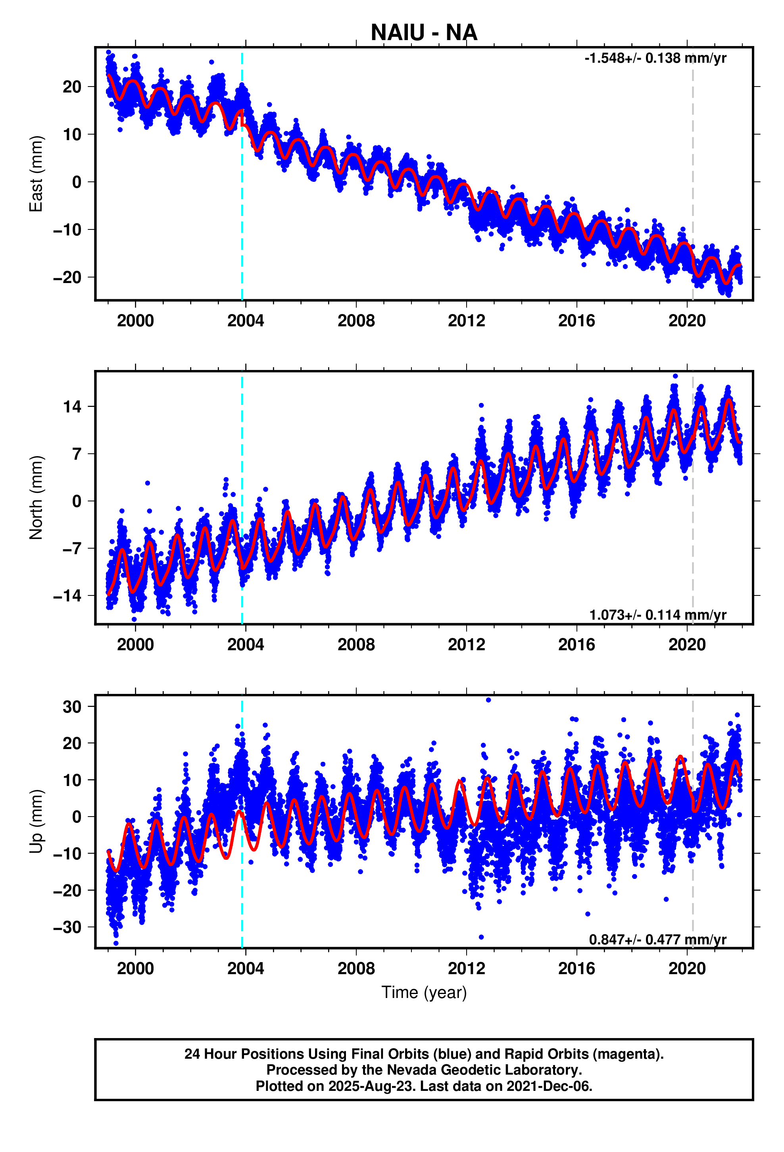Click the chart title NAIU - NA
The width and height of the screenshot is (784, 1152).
pyautogui.click(x=424, y=33)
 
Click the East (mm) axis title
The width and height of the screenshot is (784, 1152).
pyautogui.click(x=36, y=174)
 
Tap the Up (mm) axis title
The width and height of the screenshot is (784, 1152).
pyautogui.click(x=36, y=821)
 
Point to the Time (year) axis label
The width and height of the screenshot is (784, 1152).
pyautogui.click(x=424, y=992)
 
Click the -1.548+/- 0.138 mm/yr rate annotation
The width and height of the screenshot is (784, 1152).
pyautogui.click(x=655, y=58)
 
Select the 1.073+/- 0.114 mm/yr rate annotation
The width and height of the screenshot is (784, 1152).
pyautogui.click(x=657, y=615)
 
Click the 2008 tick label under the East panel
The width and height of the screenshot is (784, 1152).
pyautogui.click(x=356, y=321)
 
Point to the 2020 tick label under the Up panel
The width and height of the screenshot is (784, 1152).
pyautogui.click(x=687, y=969)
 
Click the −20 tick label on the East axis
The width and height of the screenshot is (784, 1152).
pyautogui.click(x=67, y=277)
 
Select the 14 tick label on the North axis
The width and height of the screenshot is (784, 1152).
pyautogui.click(x=72, y=406)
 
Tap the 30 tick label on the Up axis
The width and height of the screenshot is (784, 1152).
pyautogui.click(x=72, y=707)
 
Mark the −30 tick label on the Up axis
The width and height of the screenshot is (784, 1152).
pyautogui.click(x=67, y=927)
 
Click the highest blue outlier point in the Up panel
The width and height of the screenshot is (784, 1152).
pyautogui.click(x=488, y=700)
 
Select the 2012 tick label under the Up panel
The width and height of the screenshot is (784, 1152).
pyautogui.click(x=466, y=969)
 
